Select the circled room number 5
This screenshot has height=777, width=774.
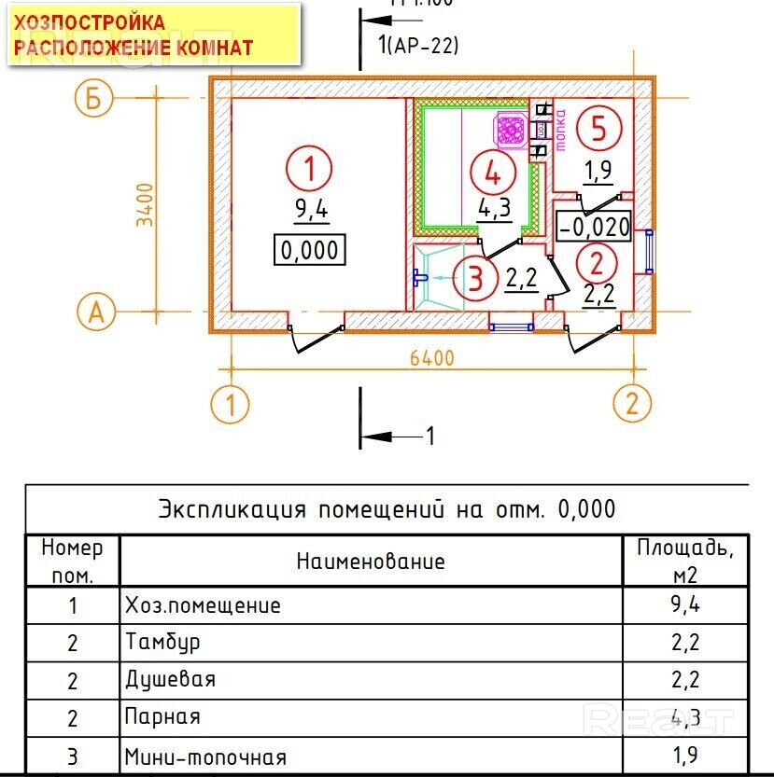tap(598, 128)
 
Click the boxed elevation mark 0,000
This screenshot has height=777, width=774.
tap(309, 251)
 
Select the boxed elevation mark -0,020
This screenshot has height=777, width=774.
tap(594, 225)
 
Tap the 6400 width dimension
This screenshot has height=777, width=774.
tap(430, 358)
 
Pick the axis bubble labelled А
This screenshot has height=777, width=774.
tap(94, 313)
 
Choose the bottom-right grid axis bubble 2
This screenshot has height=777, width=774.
tap(632, 405)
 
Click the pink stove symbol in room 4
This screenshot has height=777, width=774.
tap(510, 130)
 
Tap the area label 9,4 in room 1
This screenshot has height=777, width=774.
tap(311, 210)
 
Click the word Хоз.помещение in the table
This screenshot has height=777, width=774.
tap(203, 605)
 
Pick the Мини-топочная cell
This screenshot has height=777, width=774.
tap(206, 756)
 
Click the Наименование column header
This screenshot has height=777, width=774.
tap(371, 561)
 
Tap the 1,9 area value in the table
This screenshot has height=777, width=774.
tap(684, 755)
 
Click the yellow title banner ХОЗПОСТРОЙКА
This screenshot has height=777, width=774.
tap(154, 35)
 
